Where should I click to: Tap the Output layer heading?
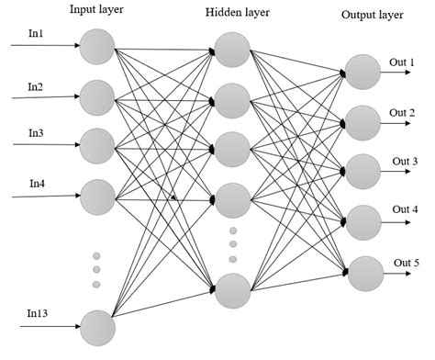click(371, 16)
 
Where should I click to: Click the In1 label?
click(36, 35)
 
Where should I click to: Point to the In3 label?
click(36, 133)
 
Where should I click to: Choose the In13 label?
click(37, 315)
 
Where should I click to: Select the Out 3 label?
click(405, 162)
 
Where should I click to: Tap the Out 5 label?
click(407, 264)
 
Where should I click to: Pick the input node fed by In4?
click(96, 196)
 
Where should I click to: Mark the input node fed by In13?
click(96, 327)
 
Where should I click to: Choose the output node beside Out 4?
click(362, 222)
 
